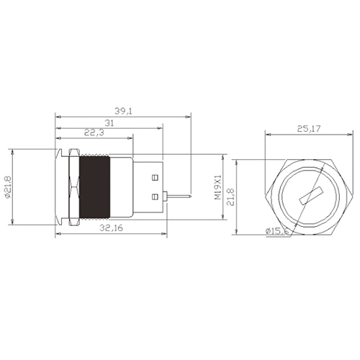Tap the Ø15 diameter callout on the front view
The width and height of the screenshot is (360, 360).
276,230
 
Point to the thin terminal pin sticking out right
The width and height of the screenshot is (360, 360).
179,195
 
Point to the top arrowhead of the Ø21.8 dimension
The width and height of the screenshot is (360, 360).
12,151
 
